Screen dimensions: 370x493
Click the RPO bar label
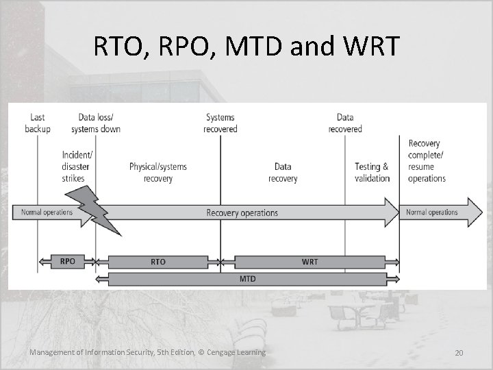point(67,261)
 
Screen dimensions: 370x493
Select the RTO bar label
point(157,261)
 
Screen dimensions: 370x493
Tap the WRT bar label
point(309,261)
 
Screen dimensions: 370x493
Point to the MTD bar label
point(247,279)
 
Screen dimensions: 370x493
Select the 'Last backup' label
point(38,123)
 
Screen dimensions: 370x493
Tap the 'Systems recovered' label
point(220,123)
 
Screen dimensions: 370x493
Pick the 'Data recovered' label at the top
point(345,123)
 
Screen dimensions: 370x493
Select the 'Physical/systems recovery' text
point(157,173)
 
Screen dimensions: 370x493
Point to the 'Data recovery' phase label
point(283,173)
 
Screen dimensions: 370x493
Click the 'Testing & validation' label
point(372,173)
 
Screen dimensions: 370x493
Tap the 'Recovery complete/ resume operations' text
point(427,161)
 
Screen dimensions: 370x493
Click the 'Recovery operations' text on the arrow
point(242,212)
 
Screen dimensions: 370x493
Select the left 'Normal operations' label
point(47,212)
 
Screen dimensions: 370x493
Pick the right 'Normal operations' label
point(432,212)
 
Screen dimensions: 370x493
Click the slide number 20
point(459,352)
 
